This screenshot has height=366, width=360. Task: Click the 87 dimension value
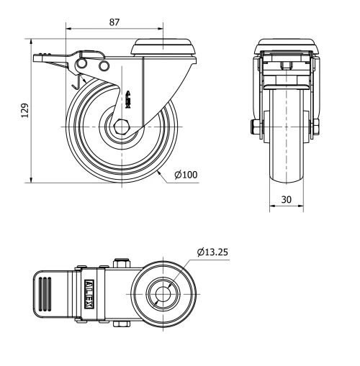point(114,22)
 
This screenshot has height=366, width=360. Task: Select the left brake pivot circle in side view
point(83,66)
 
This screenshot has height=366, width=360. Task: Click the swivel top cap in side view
point(164,46)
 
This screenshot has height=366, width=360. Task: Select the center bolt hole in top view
point(165,294)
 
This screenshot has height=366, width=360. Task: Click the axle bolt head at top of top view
point(122,264)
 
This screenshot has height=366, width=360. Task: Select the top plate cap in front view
point(286,44)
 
